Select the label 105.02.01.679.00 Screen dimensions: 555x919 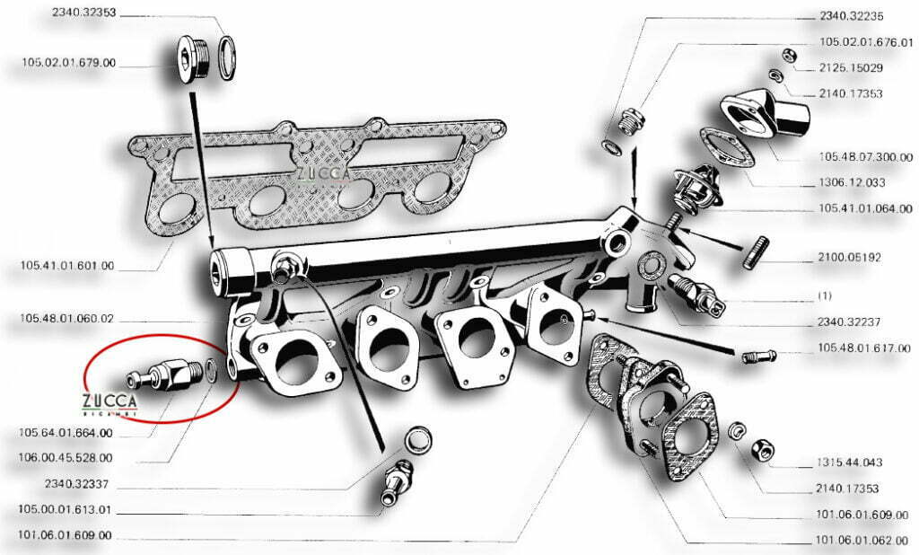[68, 64]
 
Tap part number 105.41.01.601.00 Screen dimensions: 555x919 [68, 266]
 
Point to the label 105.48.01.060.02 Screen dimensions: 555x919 [68, 318]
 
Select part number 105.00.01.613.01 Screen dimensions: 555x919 [68, 509]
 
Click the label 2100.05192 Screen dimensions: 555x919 [850, 257]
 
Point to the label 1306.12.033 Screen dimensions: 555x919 [853, 182]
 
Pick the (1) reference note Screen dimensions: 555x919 [826, 295]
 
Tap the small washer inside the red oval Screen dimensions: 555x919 [209, 369]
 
